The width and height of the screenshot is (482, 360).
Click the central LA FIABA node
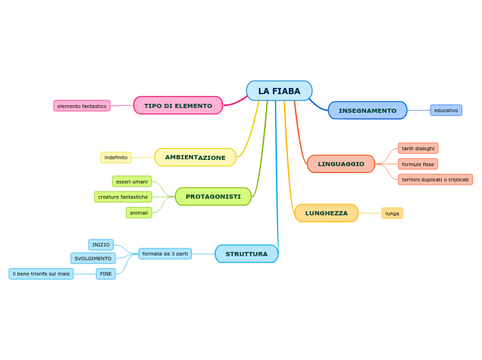pos(279,91)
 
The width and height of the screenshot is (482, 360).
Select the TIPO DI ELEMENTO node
pos(178,105)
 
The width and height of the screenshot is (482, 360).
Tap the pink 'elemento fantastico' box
pos(82,106)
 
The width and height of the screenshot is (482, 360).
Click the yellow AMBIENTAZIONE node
pos(195,157)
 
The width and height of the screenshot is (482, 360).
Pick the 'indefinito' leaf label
pos(116,158)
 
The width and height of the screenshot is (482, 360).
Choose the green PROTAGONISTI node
pos(213,197)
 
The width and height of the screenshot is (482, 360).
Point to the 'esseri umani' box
pos(132,181)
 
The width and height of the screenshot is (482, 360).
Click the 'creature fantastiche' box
pos(123,197)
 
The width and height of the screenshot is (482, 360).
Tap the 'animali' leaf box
pos(139,213)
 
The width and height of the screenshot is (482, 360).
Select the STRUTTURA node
pos(247,254)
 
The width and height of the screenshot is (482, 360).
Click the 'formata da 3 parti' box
pos(165,254)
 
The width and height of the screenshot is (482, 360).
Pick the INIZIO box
pos(101,245)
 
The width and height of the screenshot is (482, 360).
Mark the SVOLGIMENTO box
pos(93,258)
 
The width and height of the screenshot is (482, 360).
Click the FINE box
pos(106,274)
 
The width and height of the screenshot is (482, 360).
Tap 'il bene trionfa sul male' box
pos(41,274)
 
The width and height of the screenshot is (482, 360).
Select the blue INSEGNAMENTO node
pos(368,110)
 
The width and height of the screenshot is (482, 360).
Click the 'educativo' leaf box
pos(446,110)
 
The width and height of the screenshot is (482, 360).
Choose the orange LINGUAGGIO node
pos(341,164)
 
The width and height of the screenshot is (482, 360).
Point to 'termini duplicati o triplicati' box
pos(435,179)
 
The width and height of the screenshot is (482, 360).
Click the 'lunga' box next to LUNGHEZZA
pos(392,213)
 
